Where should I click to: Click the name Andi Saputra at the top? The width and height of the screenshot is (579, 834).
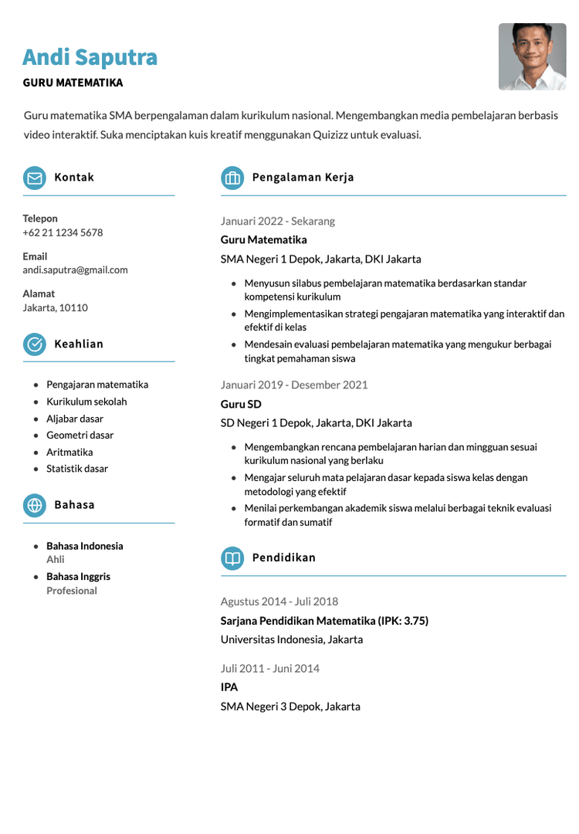(x=90, y=57)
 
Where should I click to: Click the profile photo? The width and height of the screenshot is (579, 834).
(x=532, y=56)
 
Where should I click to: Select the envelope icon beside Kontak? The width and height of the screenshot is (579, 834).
(x=34, y=178)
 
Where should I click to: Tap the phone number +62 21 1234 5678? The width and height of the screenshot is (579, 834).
(x=63, y=232)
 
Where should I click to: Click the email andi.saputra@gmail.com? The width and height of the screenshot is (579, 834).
(x=75, y=270)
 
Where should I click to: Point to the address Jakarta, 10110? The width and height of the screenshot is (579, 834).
(x=55, y=307)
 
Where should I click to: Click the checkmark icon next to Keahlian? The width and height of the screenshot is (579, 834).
(x=34, y=344)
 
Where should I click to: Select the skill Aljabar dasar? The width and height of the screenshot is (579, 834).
(x=75, y=419)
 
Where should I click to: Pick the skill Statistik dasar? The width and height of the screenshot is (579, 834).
(x=77, y=469)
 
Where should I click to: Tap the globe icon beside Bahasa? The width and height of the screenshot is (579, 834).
(x=34, y=505)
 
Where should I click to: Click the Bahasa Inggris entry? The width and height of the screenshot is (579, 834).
(x=78, y=577)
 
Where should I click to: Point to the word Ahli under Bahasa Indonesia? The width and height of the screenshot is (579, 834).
(x=56, y=559)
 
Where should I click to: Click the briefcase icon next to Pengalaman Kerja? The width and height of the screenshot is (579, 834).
(x=232, y=178)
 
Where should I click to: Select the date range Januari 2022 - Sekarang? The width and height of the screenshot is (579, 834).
(x=278, y=222)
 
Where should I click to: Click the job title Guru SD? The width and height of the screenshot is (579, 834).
(x=241, y=405)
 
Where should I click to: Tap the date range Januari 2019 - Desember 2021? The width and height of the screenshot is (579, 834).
(x=294, y=385)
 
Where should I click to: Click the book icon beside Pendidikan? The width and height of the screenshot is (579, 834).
(x=232, y=558)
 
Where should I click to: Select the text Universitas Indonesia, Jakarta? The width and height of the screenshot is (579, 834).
(x=292, y=639)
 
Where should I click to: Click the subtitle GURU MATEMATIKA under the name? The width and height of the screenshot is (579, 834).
(x=73, y=83)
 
